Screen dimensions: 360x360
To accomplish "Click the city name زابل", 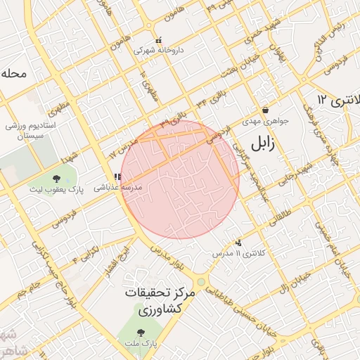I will [260, 145].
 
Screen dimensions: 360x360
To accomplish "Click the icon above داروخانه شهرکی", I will [159, 39].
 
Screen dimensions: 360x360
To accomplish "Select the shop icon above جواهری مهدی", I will [265, 110].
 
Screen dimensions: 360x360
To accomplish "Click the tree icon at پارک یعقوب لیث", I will [56, 179].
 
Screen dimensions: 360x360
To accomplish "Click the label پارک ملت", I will [141, 344].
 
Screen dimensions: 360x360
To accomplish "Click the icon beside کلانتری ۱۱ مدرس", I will [239, 242].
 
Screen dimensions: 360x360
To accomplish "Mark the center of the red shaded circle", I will [180, 179].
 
